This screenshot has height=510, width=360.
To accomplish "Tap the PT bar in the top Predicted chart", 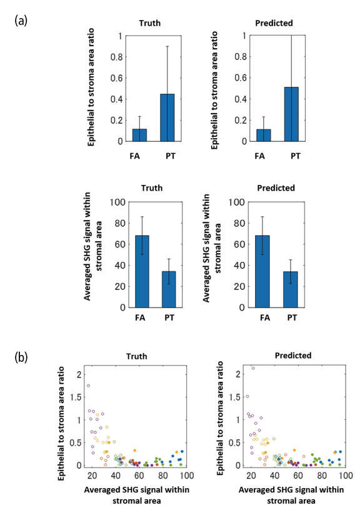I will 291,114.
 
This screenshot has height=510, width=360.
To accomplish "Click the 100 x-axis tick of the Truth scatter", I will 185,476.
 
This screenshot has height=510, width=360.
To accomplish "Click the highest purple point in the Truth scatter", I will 88,386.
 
